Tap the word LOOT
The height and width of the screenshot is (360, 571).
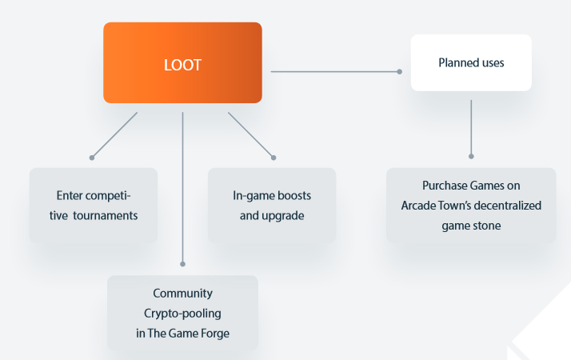pos(182,65)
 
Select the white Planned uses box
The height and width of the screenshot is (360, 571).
pos(471,62)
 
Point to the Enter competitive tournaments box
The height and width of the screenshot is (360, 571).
pos(94,205)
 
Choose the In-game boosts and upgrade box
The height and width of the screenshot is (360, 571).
pos(272,205)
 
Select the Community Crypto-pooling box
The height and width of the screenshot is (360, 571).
pos(183,313)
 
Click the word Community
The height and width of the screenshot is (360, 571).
pos(183,293)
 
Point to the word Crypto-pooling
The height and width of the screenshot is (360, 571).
pos(183,313)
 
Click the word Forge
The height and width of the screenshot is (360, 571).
pos(214,333)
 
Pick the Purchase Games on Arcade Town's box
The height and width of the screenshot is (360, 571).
pos(471,206)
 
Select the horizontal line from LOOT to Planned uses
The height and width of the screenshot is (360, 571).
pos(336,71)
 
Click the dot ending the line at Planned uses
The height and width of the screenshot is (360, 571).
pos(400,71)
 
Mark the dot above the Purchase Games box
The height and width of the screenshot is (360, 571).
pos(471,156)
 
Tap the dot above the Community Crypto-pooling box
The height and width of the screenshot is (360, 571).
pos(183,263)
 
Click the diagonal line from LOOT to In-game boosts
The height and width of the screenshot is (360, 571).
pos(251,134)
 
